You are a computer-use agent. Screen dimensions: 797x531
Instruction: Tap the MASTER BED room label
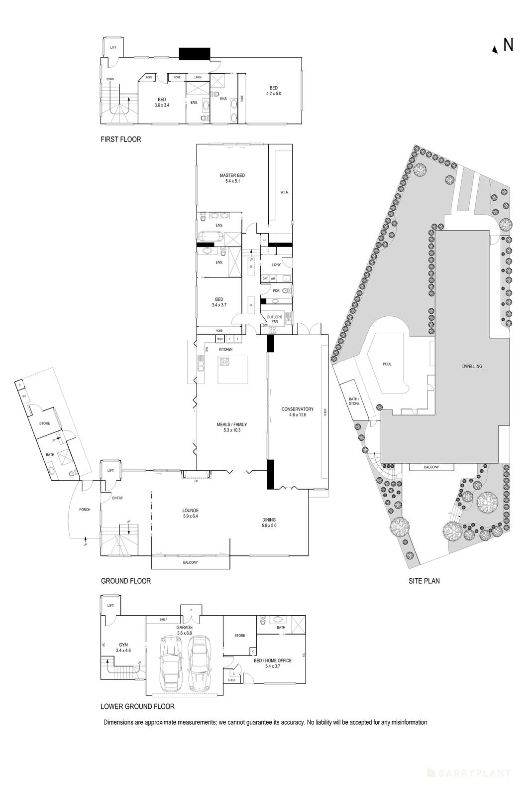point(232,175)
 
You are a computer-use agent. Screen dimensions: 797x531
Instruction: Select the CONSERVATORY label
point(297,409)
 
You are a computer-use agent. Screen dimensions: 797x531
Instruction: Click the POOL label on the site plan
point(387,364)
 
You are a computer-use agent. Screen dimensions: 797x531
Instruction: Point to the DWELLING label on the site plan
point(472,366)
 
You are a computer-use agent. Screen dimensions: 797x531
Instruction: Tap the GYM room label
point(122,645)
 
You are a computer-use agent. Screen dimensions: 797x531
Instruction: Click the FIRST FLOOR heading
point(121,139)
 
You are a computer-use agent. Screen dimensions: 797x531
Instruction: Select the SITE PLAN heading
point(424,581)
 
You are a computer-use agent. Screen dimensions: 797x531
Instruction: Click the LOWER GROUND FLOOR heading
point(137,706)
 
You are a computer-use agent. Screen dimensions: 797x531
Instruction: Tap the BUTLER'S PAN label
point(275,319)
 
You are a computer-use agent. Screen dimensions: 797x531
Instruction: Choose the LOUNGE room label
point(191,510)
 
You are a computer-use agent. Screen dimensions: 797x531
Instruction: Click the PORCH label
point(85,510)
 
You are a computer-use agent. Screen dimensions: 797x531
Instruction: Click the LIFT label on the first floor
point(113,47)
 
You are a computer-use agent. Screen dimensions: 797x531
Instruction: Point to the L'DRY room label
point(276,265)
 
